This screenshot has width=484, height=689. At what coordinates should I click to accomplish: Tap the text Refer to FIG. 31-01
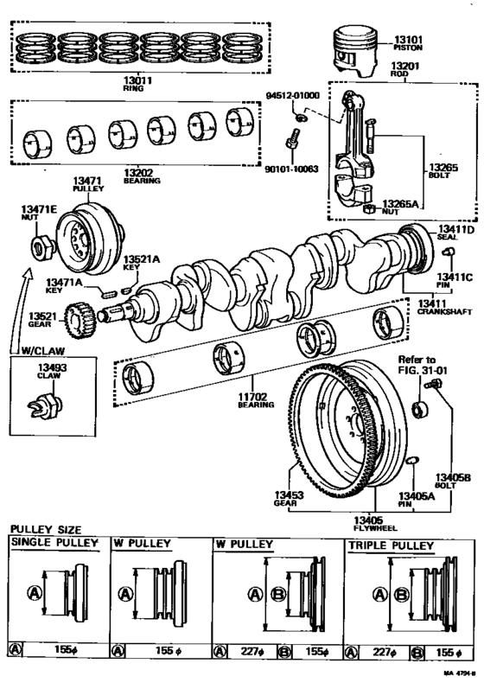[418, 366]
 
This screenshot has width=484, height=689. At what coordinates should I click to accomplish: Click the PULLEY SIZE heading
[45, 528]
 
